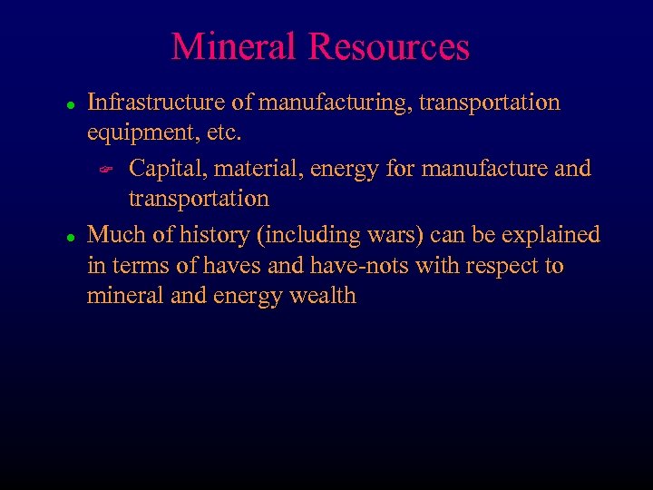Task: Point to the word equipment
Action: point(138,133)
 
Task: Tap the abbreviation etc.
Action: point(219,133)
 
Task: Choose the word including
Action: point(307,235)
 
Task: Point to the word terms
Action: point(135,266)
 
